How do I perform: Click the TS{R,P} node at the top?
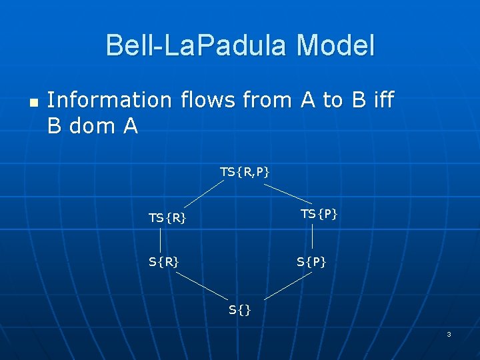[x=245, y=172]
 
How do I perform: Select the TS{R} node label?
[x=167, y=217]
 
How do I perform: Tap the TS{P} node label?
[x=319, y=213]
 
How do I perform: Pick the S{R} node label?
[x=163, y=262]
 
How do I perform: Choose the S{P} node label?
[x=311, y=262]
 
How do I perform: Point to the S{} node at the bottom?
[x=239, y=309]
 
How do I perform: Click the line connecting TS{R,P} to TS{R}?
[x=203, y=194]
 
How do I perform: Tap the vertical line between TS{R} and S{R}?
[x=161, y=239]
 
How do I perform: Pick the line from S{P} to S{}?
[x=288, y=284]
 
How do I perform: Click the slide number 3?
[x=449, y=334]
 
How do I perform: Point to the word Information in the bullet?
[x=109, y=100]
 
